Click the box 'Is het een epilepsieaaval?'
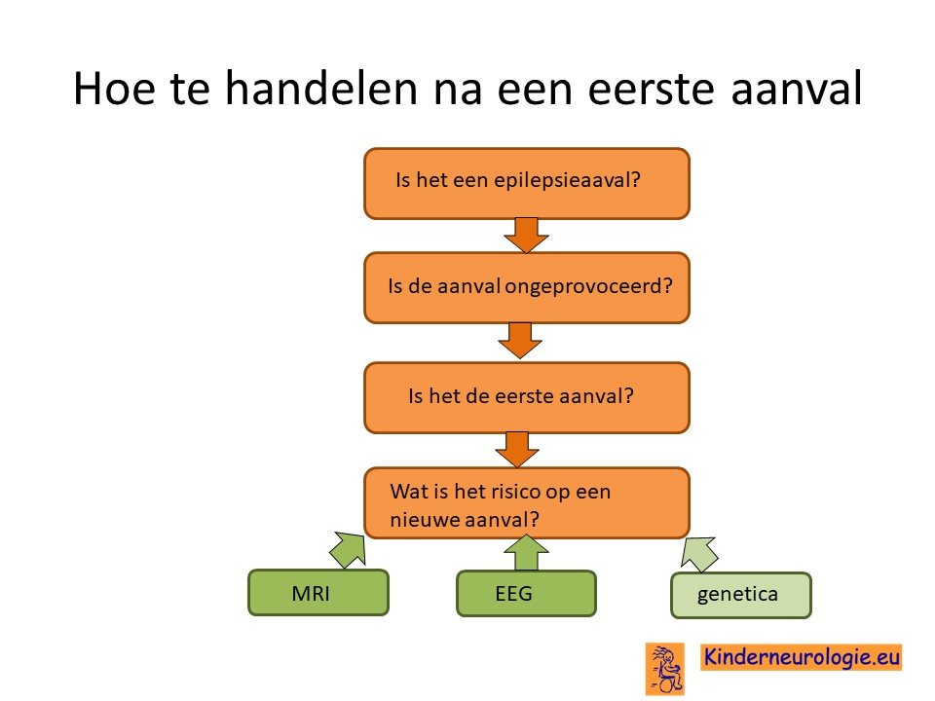(527, 184)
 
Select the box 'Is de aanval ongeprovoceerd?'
(527, 288)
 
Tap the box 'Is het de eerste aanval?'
(527, 397)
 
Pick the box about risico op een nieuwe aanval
(527, 503)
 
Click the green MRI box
(318, 593)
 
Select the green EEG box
(526, 593)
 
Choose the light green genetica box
(741, 595)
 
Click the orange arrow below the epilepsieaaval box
(526, 236)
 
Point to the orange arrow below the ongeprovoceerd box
(520, 341)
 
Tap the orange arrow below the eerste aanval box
(517, 450)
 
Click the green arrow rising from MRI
(349, 548)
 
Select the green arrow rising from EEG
(526, 553)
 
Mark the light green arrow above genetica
(699, 554)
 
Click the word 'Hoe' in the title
(115, 89)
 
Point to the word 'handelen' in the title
(320, 89)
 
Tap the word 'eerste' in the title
(652, 90)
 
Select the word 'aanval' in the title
(797, 89)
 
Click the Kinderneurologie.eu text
(802, 657)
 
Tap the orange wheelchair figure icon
(665, 669)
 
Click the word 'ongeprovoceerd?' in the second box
(589, 286)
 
